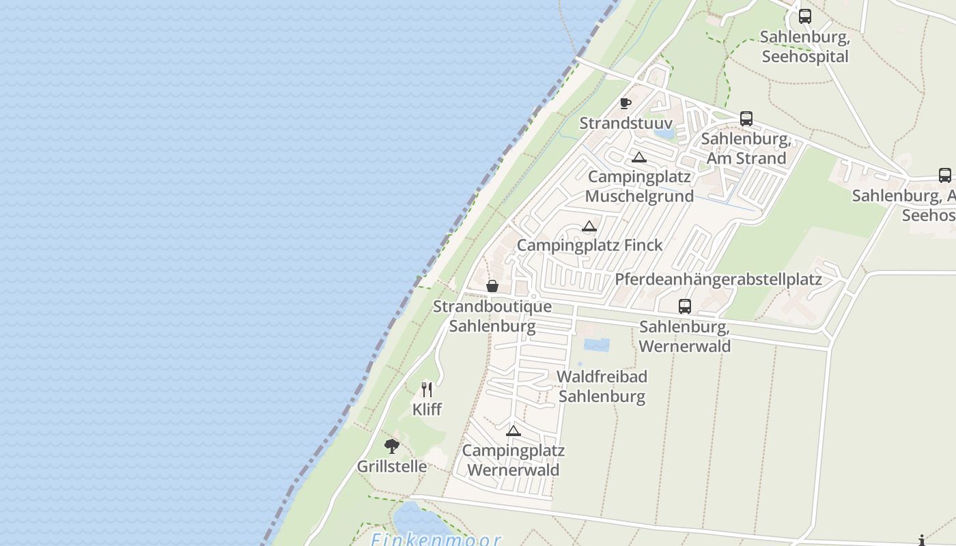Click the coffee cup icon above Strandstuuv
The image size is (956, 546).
click(625, 103)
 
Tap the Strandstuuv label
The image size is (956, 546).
click(625, 124)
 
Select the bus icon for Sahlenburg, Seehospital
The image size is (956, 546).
click(805, 16)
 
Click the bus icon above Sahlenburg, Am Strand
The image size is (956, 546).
click(746, 119)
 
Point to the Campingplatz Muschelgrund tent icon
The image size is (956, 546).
click(638, 158)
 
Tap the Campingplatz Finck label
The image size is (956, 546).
click(589, 245)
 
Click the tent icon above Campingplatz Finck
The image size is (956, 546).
click(589, 226)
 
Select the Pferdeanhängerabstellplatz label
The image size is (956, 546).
click(718, 279)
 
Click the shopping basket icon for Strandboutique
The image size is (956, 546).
click(492, 286)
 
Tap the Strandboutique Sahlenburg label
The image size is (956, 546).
click(492, 316)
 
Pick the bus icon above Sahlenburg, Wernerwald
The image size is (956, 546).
click(685, 306)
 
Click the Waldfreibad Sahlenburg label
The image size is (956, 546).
click(602, 386)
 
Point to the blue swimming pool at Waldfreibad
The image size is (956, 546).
click(596, 345)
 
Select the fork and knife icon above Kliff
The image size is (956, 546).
click(427, 390)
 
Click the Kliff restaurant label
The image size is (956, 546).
click(427, 409)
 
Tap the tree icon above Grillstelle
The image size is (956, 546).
click(391, 446)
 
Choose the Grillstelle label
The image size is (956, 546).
click(392, 467)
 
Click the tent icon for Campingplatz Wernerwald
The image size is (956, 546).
click(513, 431)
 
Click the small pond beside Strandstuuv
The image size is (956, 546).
click(664, 132)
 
